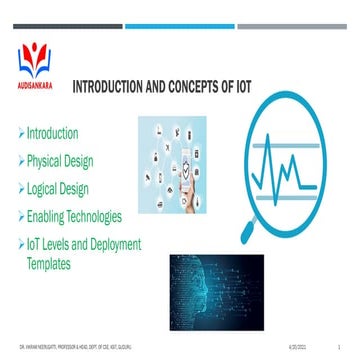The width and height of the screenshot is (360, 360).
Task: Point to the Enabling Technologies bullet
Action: [x=83, y=215]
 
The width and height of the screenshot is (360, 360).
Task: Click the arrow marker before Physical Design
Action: [x=21, y=160]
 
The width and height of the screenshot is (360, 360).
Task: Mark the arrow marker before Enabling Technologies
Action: [x=21, y=215]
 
